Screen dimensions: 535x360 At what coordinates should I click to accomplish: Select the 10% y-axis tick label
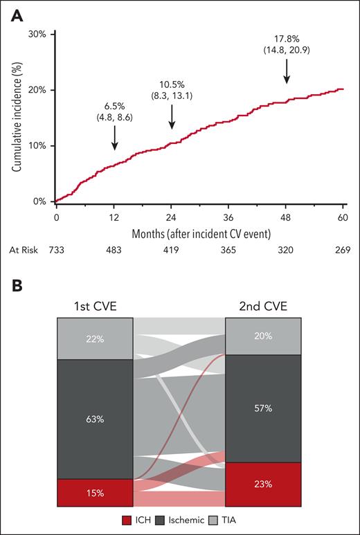(38, 146)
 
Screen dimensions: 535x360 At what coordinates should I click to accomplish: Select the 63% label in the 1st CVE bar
(94, 418)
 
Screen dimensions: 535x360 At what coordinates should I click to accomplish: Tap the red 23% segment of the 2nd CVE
(263, 484)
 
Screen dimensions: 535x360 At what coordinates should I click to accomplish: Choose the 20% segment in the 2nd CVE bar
(263, 336)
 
